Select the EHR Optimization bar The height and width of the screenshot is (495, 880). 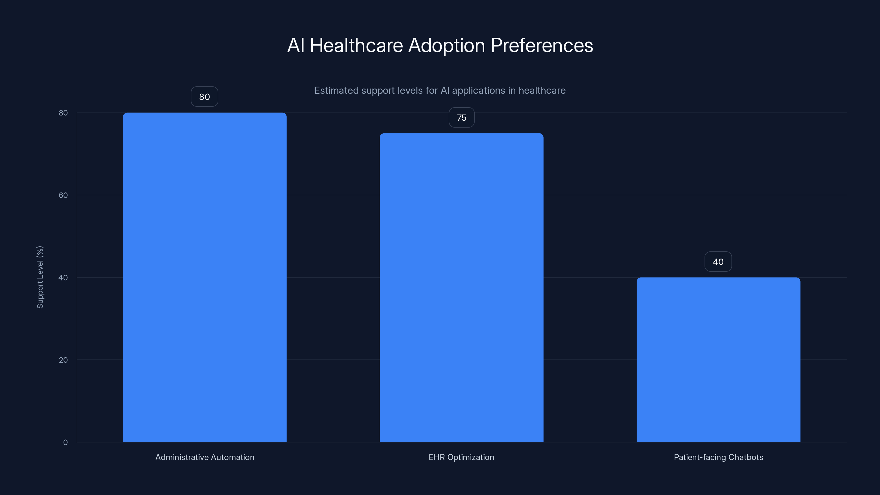pyautogui.click(x=461, y=287)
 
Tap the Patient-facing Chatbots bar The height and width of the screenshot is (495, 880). pyautogui.click(x=718, y=359)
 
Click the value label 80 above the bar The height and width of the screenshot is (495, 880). pyautogui.click(x=204, y=97)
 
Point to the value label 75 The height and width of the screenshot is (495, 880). pyautogui.click(x=461, y=117)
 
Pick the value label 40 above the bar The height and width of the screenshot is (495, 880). pyautogui.click(x=718, y=262)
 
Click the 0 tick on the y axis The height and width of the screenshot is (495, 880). pyautogui.click(x=65, y=442)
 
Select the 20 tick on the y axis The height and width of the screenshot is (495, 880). pyautogui.click(x=63, y=360)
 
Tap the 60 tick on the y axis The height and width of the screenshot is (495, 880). pyautogui.click(x=63, y=195)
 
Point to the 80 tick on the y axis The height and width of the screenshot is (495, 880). pyautogui.click(x=63, y=113)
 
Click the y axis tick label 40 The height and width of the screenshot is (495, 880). pyautogui.click(x=63, y=277)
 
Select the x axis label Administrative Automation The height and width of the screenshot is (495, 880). pyautogui.click(x=205, y=457)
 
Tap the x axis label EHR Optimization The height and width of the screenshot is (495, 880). pyautogui.click(x=461, y=457)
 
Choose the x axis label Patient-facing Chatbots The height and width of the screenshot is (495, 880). pyautogui.click(x=718, y=457)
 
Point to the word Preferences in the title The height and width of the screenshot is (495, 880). pyautogui.click(x=541, y=45)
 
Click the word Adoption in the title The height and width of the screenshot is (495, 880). pyautogui.click(x=447, y=45)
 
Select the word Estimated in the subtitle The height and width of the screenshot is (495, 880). pyautogui.click(x=336, y=90)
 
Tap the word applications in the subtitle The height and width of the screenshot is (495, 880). pyautogui.click(x=478, y=90)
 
